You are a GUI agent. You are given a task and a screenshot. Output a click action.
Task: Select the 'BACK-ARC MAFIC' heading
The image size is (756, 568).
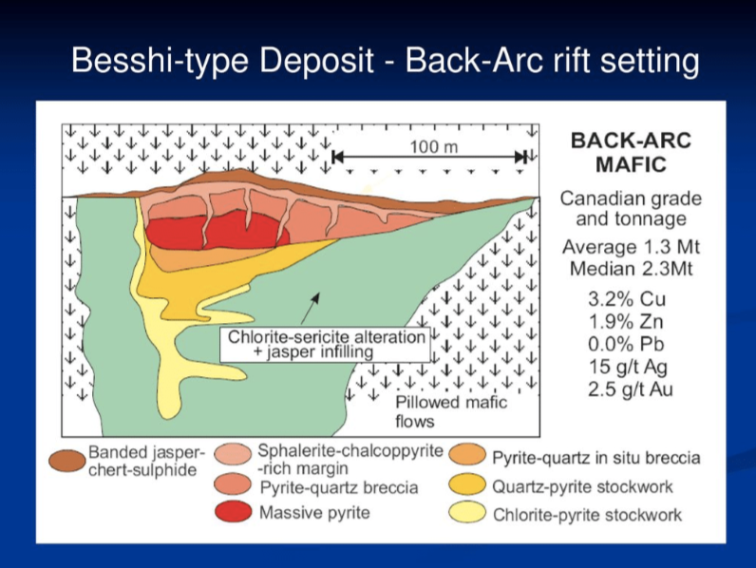pos(631,152)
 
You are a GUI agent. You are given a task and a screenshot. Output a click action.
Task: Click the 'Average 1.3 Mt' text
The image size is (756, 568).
pos(631,246)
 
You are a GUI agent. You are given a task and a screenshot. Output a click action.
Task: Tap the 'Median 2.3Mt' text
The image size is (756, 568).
pos(631,269)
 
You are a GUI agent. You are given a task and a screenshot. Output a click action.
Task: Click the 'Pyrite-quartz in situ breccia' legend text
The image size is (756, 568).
pos(595,458)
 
